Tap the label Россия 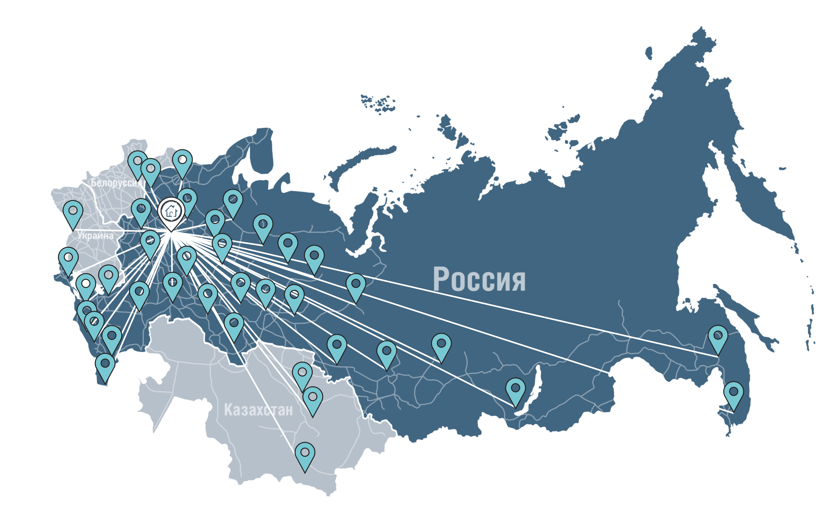click(x=479, y=279)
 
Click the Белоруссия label click(x=116, y=183)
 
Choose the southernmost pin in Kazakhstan click(x=305, y=454)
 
